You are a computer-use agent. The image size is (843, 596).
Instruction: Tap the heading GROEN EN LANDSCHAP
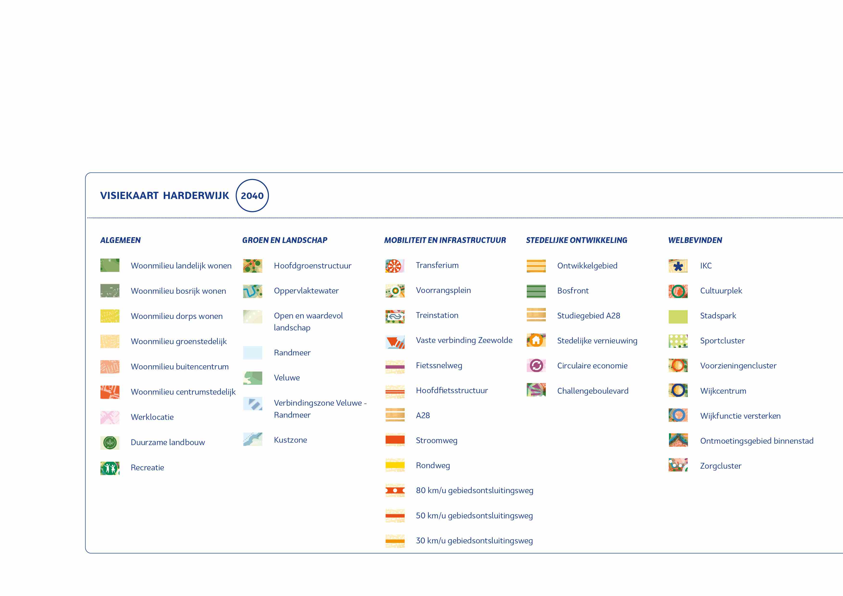(285, 240)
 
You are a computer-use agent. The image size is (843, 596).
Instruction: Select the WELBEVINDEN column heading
(695, 240)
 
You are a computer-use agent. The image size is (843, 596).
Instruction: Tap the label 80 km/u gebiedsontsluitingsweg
(474, 490)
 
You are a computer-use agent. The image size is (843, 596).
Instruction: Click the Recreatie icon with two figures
(110, 468)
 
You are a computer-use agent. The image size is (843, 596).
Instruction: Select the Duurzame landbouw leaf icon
(110, 442)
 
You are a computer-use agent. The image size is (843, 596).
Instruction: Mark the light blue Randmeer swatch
(253, 353)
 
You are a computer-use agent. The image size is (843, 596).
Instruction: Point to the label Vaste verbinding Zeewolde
(464, 340)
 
